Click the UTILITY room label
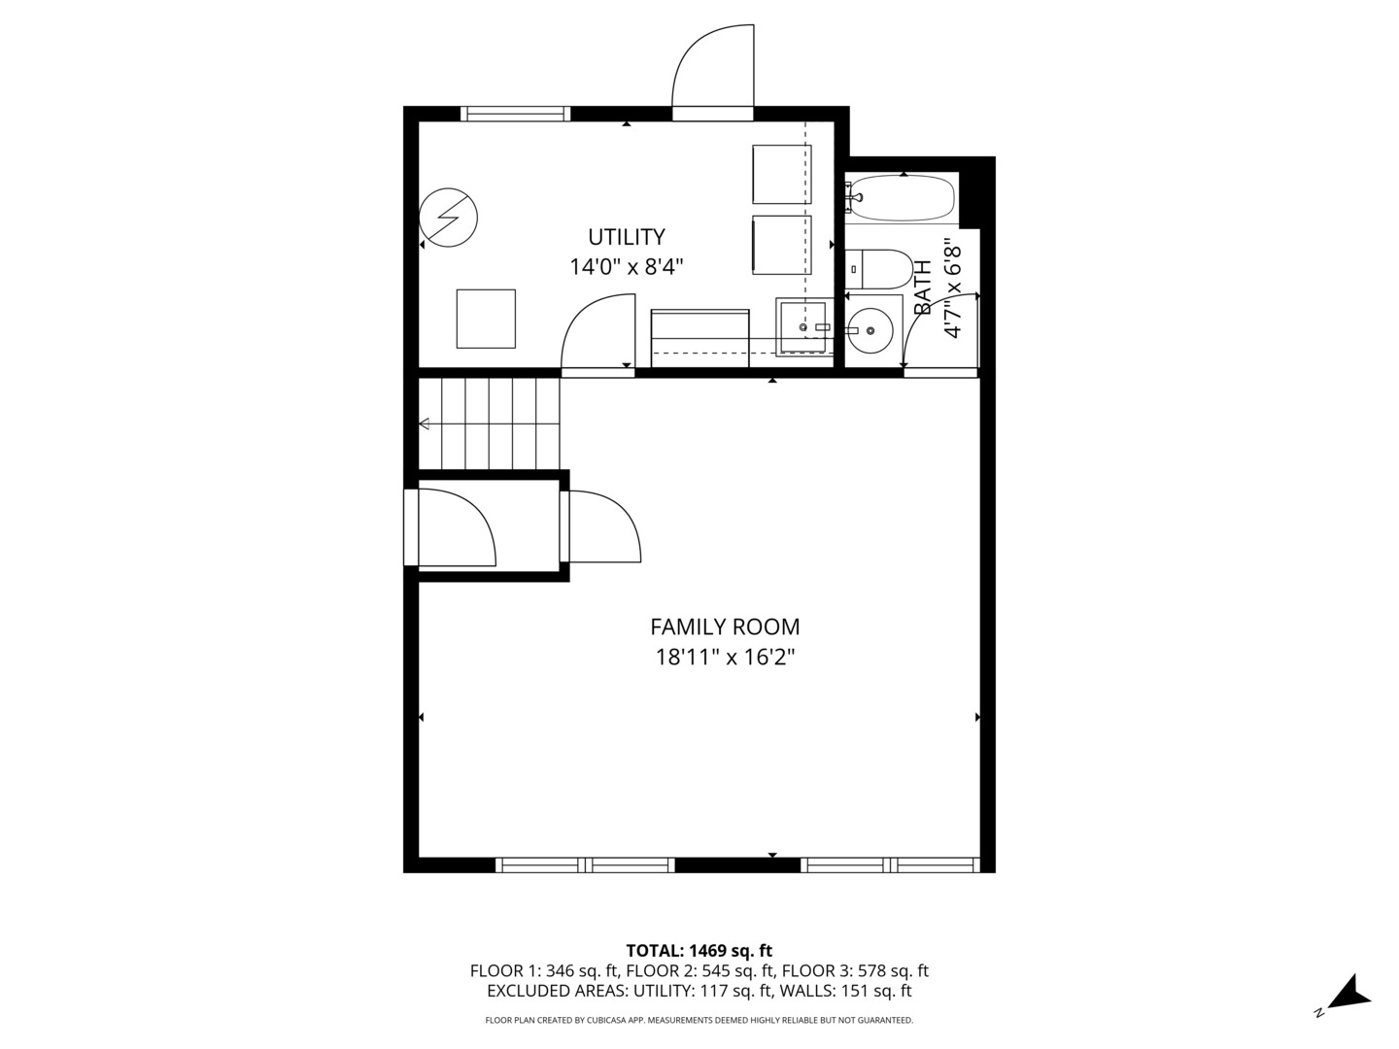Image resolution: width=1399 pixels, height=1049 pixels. tap(627, 237)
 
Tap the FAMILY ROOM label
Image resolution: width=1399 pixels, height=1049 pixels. tap(725, 627)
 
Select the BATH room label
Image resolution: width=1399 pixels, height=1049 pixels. tap(922, 288)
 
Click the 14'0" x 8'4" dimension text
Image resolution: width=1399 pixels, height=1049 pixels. tap(627, 267)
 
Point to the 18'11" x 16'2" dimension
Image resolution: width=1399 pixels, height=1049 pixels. tap(725, 658)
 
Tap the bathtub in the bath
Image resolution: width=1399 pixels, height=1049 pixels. tap(902, 198)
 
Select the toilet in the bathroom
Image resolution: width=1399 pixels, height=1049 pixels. tap(879, 268)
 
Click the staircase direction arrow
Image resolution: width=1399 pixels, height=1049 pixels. tap(426, 423)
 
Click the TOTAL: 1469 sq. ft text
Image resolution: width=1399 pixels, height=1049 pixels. tap(699, 951)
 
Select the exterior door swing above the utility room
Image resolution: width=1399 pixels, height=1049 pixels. tap(714, 68)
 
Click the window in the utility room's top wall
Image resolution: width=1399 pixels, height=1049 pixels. tap(515, 114)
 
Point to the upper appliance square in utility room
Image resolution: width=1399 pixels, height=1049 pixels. tap(781, 174)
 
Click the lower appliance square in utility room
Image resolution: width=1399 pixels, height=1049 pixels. tap(781, 245)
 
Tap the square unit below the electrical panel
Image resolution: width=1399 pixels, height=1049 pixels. tap(486, 318)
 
